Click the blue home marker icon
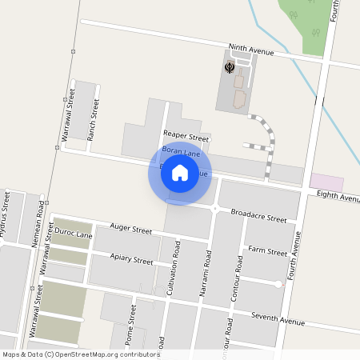tap(180, 173)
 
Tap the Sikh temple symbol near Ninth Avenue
tap(230, 67)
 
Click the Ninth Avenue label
tap(250, 50)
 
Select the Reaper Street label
tap(186, 137)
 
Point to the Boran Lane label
tap(181, 150)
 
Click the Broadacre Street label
tap(258, 217)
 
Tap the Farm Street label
tap(267, 251)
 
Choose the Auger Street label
tap(130, 230)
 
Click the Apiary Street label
tap(131, 260)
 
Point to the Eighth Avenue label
tap(338, 196)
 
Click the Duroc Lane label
tap(73, 235)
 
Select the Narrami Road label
tap(206, 269)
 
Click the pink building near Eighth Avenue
tap(326, 182)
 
